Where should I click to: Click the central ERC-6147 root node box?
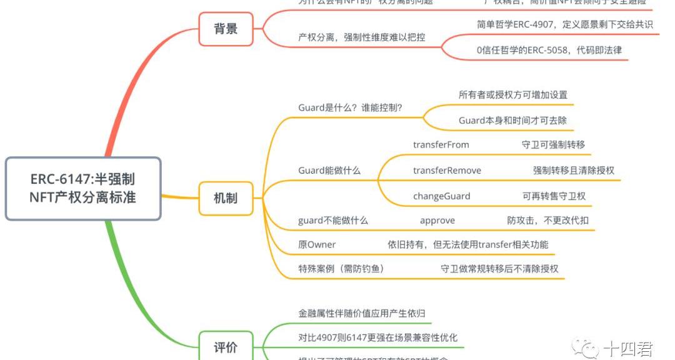[x=83, y=188]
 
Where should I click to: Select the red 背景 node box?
[x=226, y=29]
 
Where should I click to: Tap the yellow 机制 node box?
[x=226, y=198]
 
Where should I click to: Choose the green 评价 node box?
[x=226, y=347]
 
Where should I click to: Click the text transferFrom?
[x=441, y=144]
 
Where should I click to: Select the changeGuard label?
[x=441, y=196]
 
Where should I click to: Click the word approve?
[x=437, y=220]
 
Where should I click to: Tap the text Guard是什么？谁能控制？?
[x=350, y=107]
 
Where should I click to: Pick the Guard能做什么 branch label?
[x=329, y=170]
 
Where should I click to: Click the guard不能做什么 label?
[x=333, y=220]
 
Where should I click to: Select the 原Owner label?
[x=317, y=244]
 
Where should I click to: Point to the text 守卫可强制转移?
[x=553, y=144]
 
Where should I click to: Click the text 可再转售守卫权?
[x=554, y=196]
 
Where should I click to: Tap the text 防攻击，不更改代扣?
[x=547, y=220]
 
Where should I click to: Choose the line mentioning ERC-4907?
[x=564, y=24]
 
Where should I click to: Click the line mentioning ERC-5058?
[x=549, y=50]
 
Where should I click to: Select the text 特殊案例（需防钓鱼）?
[x=341, y=269]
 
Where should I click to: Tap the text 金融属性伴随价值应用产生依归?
[x=362, y=313]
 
